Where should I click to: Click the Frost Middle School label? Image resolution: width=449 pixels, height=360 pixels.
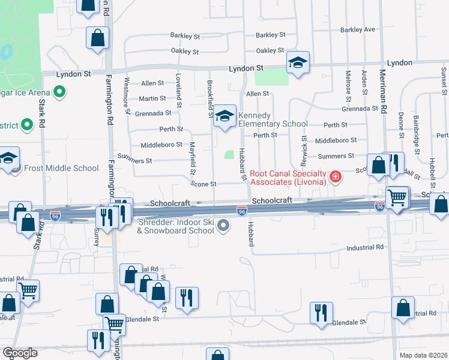click(61, 168)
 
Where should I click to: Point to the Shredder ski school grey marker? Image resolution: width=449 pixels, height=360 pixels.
click(223, 226)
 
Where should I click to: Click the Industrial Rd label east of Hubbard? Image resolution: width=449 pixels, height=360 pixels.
click(365, 247)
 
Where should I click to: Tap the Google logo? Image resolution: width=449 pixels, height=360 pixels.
click(20, 352)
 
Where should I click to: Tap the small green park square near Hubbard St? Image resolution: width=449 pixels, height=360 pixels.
click(229, 155)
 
